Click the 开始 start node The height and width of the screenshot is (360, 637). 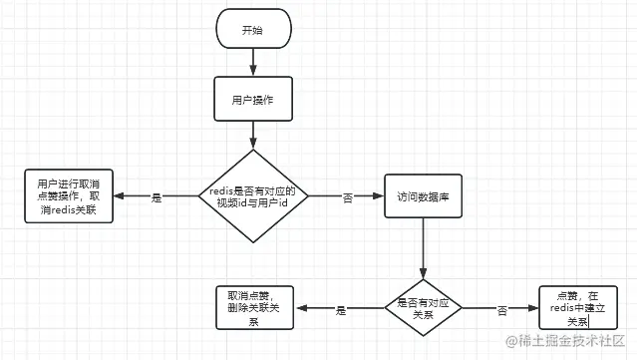tap(253, 31)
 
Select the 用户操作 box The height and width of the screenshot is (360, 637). tap(253, 101)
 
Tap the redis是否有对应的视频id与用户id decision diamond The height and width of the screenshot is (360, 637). tap(253, 196)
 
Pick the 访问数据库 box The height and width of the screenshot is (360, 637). tap(423, 197)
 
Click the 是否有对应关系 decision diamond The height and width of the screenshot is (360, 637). tap(423, 309)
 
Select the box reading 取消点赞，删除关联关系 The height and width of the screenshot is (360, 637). tap(253, 308)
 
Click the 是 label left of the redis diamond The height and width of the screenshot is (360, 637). tap(156, 197)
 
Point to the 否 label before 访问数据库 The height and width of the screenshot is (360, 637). tap(348, 197)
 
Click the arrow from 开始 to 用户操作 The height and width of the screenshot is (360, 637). tap(253, 64)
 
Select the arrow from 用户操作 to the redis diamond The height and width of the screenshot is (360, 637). tap(253, 136)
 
